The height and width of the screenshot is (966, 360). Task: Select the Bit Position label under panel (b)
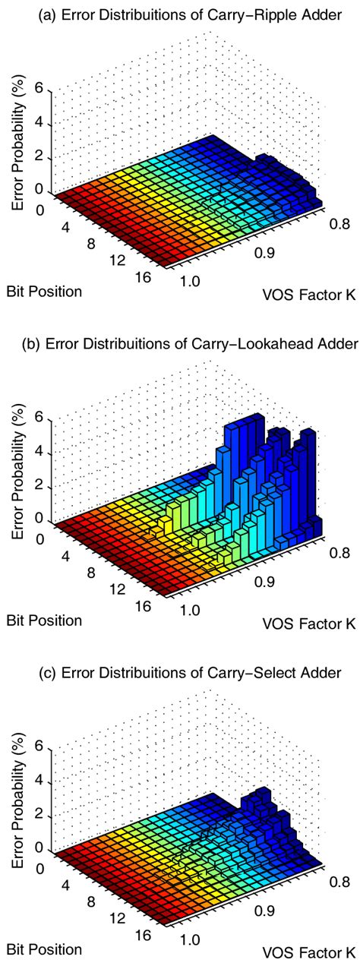click(44, 620)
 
